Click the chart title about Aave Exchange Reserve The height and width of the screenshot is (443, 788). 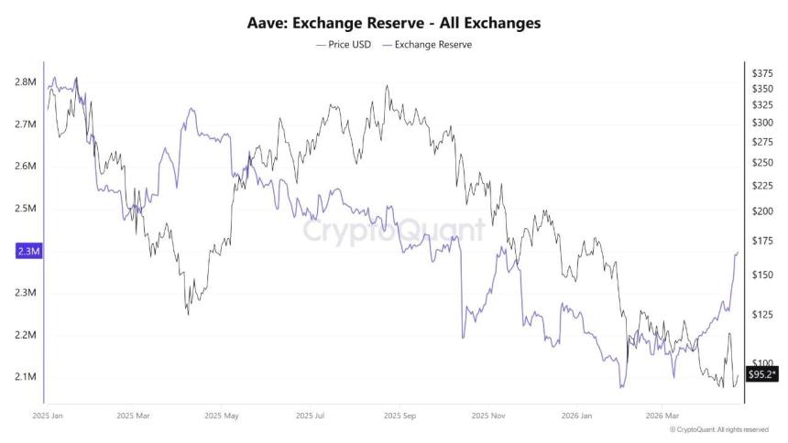[394, 23]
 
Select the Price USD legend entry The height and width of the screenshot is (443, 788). [343, 44]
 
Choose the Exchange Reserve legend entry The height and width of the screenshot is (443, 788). [427, 44]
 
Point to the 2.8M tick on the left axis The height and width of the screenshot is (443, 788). [25, 82]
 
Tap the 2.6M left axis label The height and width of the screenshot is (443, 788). [25, 167]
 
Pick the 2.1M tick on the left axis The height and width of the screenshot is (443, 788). [25, 377]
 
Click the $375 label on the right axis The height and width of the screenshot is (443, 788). [761, 72]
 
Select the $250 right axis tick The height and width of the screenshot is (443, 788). [761, 163]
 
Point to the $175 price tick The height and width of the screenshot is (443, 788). [761, 241]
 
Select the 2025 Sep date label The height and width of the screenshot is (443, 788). [399, 415]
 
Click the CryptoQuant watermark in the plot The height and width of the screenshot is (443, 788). [394, 231]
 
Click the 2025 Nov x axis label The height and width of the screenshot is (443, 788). [486, 415]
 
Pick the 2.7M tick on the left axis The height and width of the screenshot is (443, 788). [25, 124]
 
